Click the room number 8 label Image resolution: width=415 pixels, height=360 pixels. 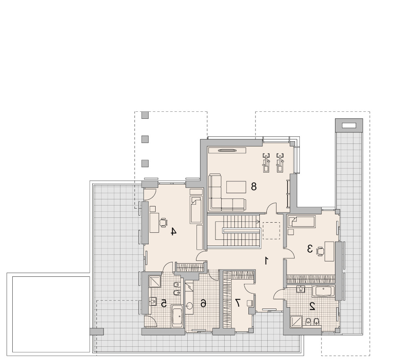click(254, 187)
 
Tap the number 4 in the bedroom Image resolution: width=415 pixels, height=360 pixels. click(173, 231)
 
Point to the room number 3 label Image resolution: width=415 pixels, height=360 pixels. click(309, 249)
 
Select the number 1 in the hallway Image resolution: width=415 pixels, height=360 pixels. click(267, 261)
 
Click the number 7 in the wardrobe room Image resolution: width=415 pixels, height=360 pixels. click(237, 302)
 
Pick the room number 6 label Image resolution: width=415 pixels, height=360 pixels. click(203, 303)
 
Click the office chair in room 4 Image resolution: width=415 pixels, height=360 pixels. click(163, 223)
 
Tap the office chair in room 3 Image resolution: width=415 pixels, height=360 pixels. click(320, 251)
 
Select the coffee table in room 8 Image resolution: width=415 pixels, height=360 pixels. click(237, 187)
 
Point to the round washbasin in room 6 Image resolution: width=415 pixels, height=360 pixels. click(190, 306)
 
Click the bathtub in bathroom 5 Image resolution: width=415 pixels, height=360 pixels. click(177, 316)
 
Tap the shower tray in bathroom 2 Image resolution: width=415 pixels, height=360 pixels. click(297, 322)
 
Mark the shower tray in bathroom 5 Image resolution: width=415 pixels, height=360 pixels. click(155, 282)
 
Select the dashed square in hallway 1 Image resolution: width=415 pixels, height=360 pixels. click(271, 231)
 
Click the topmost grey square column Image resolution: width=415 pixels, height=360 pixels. click(145, 115)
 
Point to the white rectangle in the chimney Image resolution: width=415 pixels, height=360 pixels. click(349, 125)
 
